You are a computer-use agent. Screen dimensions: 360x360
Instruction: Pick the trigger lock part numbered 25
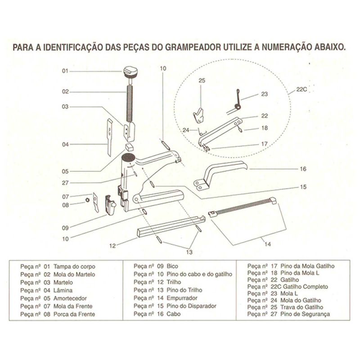198,116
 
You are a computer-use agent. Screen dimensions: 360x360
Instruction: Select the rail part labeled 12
171,227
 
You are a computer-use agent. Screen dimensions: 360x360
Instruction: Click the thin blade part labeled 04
109,136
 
